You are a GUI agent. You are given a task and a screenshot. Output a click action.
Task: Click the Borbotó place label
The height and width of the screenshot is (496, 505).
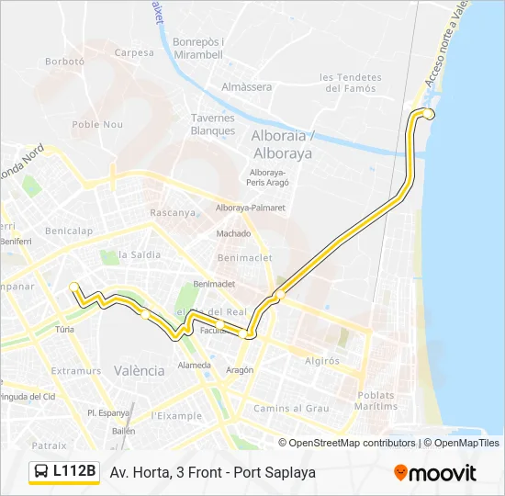pos(64,62)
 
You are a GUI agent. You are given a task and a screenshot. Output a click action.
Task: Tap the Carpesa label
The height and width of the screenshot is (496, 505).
pos(134,52)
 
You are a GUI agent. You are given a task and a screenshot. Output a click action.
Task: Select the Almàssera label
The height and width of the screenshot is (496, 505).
pos(246,86)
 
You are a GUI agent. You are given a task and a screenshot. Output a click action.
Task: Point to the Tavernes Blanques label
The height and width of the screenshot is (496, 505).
pos(213,124)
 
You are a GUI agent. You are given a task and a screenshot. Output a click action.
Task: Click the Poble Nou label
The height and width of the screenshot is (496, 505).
pos(97,124)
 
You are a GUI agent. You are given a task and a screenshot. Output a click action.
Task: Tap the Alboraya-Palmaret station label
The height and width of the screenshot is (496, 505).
pos(250,208)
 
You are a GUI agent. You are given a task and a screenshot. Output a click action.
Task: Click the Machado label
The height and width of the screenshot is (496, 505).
pos(233,233)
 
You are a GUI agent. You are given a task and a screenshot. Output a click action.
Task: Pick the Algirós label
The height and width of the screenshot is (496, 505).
pos(321,361)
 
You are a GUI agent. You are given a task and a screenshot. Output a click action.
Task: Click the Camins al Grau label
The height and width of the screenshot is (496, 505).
pos(291,408)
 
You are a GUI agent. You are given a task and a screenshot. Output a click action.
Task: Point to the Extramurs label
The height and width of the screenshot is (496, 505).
pos(76,371)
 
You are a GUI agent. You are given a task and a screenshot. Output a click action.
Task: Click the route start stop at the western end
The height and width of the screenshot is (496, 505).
pos(73,287)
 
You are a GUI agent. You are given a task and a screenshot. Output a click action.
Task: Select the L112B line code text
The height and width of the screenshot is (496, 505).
pos(74,471)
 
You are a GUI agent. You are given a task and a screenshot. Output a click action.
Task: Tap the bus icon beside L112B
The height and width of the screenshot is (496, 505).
pos(42,472)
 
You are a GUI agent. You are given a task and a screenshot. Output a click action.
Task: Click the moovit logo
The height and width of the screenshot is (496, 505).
pos(435,472)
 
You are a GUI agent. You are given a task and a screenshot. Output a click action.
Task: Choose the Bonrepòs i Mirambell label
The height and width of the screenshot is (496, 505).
pos(197,48)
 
